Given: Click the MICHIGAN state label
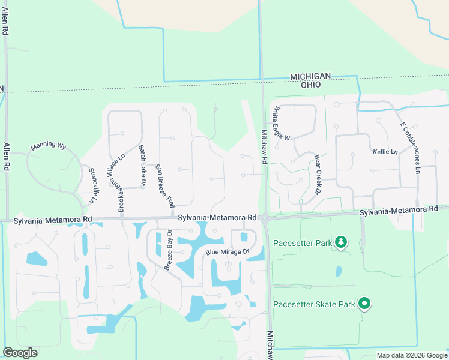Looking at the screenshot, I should pyautogui.click(x=310, y=76).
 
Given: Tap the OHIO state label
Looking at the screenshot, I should pyautogui.click(x=310, y=85).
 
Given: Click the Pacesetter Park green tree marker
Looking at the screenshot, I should pyautogui.click(x=341, y=242).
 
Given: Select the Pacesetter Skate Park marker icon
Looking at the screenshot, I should pyautogui.click(x=364, y=304).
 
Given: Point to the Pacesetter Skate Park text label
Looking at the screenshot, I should pyautogui.click(x=314, y=304).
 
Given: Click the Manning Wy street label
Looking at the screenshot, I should pyautogui.click(x=49, y=145).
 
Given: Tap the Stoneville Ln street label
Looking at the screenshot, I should pyautogui.click(x=92, y=185).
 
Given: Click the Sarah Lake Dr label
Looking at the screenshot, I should pyautogui.click(x=142, y=167).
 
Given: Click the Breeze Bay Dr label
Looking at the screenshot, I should pyautogui.click(x=167, y=250).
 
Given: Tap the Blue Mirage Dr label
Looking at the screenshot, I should pyautogui.click(x=227, y=253).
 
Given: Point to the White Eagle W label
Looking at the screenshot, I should pyautogui.click(x=281, y=124).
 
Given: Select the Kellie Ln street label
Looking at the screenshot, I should pyautogui.click(x=385, y=152).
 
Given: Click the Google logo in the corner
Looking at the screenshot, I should pyautogui.click(x=20, y=353).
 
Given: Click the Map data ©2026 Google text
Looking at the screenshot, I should pyautogui.click(x=411, y=355).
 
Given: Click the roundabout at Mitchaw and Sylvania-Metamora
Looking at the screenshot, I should pyautogui.click(x=265, y=219).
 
